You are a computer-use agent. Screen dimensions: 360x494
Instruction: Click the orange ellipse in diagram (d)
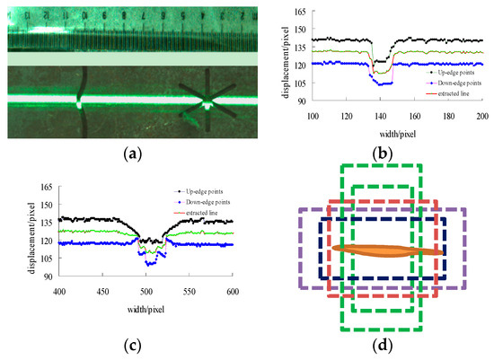tap(387, 250)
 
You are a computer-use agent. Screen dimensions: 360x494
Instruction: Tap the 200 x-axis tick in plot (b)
tap(483, 118)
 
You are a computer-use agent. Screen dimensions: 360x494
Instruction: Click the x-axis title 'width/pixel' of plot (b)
tap(399, 132)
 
